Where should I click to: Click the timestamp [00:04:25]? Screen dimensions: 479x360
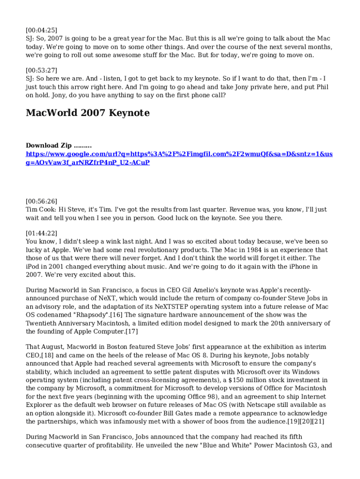click(42, 30)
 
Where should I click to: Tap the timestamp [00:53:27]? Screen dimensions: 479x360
click(42, 70)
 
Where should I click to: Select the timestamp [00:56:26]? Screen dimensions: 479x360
click(42, 201)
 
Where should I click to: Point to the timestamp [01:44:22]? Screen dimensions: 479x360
click(42, 233)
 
